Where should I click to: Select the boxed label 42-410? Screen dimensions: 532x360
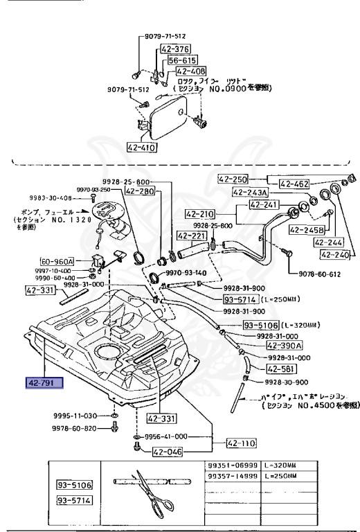[x=142, y=147]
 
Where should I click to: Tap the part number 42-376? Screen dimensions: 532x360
[x=175, y=49]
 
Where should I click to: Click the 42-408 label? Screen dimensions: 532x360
[x=190, y=71]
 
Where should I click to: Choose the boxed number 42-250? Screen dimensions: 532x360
[x=233, y=179]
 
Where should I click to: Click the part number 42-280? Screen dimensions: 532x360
[x=141, y=191]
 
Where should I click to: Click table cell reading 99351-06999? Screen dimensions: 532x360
[x=233, y=465]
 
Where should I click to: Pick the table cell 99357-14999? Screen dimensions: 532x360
[x=233, y=477]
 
